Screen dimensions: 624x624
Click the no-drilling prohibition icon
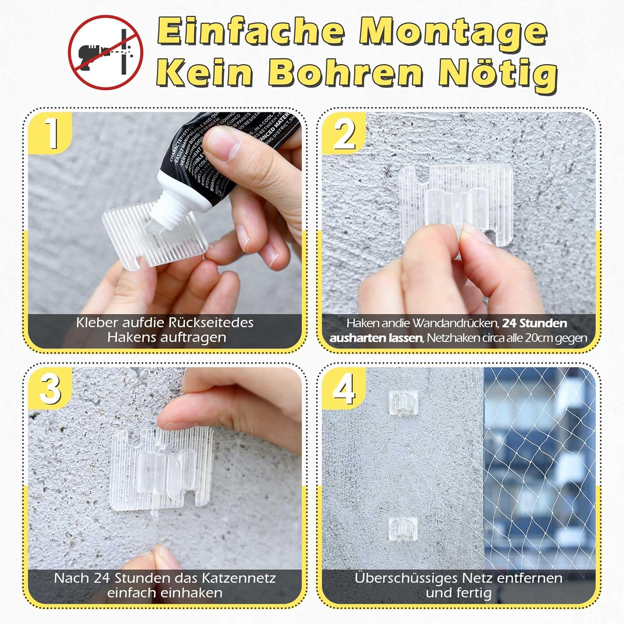[x=106, y=52]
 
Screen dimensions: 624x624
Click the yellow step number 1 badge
[x=51, y=132]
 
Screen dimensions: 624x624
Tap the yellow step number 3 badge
[x=51, y=389]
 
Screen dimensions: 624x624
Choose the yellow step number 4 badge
[x=344, y=389]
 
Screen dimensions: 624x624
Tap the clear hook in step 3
[x=162, y=468]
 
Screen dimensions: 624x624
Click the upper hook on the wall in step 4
[x=402, y=402]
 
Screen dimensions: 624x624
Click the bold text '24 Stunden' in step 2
[x=534, y=323]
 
